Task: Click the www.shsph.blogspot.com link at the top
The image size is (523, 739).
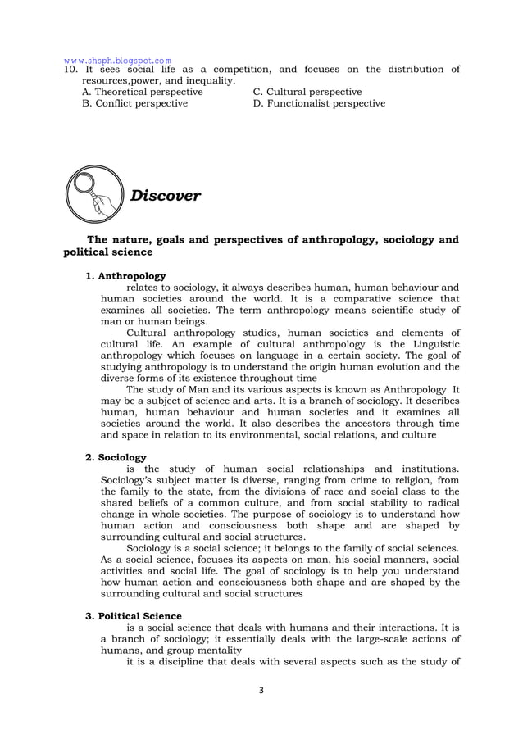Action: click(118, 60)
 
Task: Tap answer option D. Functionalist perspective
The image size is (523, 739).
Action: click(319, 104)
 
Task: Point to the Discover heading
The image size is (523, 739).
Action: click(166, 196)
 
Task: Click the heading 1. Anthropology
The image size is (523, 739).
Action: click(126, 276)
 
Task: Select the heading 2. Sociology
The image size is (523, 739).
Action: click(116, 457)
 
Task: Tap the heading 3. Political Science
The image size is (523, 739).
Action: click(134, 615)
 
